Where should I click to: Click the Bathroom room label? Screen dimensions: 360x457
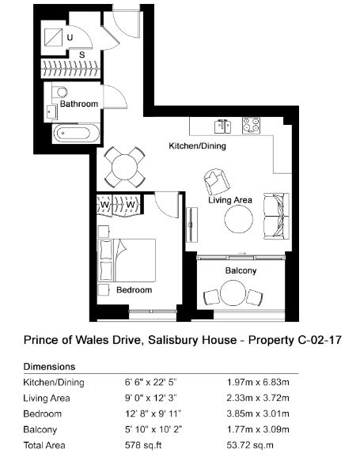point(79,104)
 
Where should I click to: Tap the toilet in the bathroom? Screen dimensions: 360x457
point(60,92)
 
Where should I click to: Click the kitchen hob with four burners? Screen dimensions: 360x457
point(251,126)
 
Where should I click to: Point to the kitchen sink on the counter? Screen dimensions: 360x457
point(222,127)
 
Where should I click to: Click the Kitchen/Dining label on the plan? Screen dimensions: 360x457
point(198,145)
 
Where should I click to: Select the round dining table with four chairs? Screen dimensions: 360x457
point(124,168)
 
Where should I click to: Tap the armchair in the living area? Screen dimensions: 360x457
point(216,181)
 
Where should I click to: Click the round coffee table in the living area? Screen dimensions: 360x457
point(239,219)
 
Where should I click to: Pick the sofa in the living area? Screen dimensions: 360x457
point(277,217)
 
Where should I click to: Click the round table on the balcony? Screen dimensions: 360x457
point(233,293)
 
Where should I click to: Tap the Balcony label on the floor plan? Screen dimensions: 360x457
point(241,270)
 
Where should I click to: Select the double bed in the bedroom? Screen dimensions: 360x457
point(127,260)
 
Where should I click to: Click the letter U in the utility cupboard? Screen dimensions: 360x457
point(70,37)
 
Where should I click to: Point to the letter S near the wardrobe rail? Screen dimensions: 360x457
point(82,55)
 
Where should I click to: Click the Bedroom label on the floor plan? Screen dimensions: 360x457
point(135,289)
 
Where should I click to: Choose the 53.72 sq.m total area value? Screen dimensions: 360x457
point(250,445)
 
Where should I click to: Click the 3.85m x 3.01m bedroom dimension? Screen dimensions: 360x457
point(258,414)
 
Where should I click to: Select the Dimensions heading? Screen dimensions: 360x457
point(49,366)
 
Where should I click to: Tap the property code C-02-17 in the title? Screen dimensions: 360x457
point(320,340)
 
